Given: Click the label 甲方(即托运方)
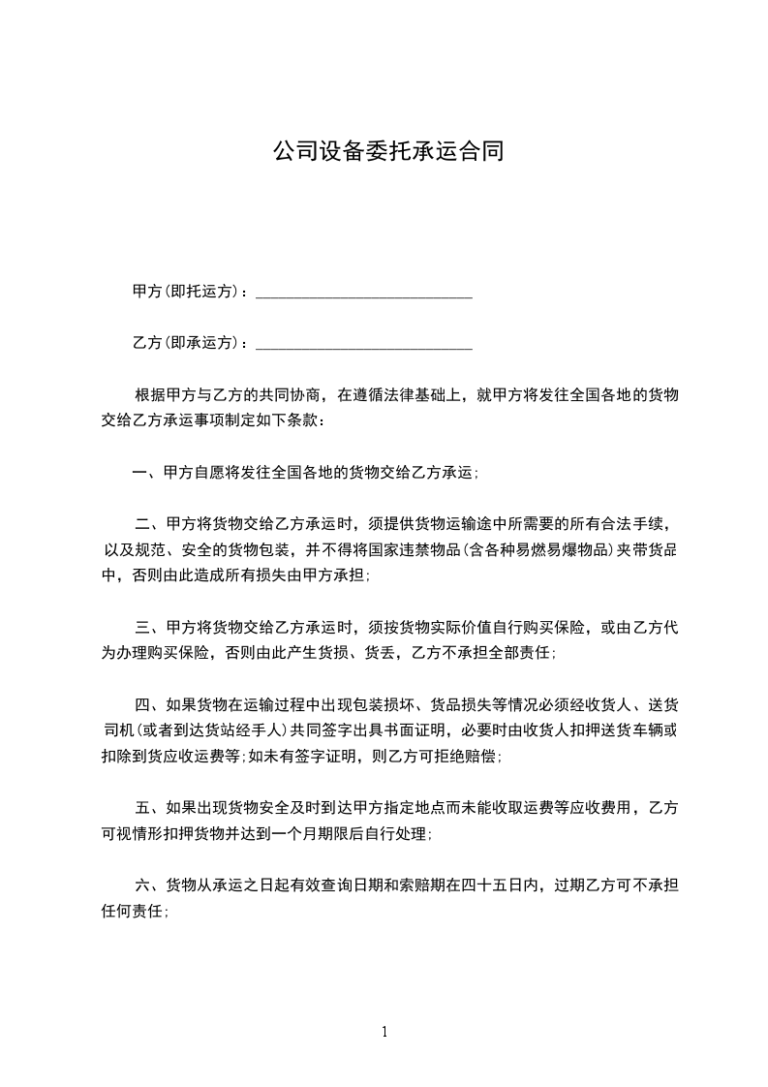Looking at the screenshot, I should (189, 292).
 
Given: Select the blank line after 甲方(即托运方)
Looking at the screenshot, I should (363, 295).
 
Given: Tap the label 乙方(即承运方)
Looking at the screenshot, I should (189, 343).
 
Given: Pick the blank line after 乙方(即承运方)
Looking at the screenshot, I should (363, 346).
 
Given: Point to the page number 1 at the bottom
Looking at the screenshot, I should (384, 1033).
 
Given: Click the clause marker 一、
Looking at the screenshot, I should (147, 473).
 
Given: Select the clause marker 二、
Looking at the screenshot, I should (150, 525).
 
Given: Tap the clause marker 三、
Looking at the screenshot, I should (150, 628).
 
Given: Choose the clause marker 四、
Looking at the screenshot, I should (150, 704).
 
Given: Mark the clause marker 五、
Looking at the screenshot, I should (150, 807).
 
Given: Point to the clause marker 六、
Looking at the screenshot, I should (150, 885).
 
